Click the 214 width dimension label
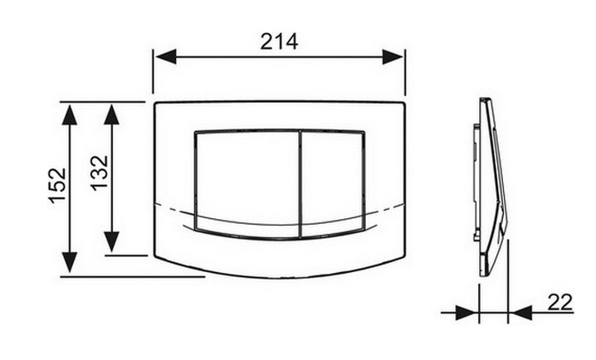pos(279,41)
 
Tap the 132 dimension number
pos(100,173)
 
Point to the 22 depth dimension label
pos(559,302)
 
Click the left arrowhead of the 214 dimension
pos(166,57)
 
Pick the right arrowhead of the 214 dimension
pos(393,57)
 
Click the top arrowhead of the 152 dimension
pos(70,114)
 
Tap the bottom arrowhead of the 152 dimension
pos(70,262)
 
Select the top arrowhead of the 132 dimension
pos(112,114)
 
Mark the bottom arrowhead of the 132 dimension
pos(112,242)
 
